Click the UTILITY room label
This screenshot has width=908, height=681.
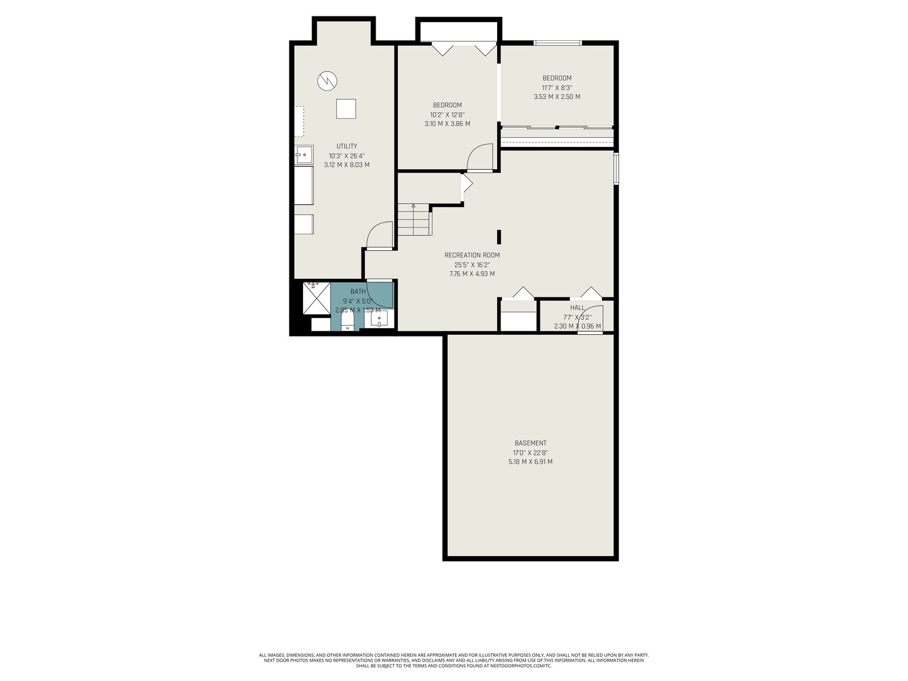click(x=346, y=146)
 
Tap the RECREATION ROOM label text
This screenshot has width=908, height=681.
click(x=472, y=255)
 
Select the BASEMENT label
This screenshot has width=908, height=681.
click(x=530, y=443)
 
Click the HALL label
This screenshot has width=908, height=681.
click(x=577, y=308)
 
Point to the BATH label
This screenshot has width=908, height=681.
click(x=358, y=292)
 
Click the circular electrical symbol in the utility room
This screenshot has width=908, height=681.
click(x=327, y=81)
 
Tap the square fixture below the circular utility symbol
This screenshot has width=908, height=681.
click(x=346, y=109)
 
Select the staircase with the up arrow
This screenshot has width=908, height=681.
click(x=414, y=219)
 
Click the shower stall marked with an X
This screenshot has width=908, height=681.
click(x=317, y=298)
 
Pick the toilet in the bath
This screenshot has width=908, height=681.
click(x=347, y=321)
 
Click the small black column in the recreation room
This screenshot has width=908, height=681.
click(x=499, y=237)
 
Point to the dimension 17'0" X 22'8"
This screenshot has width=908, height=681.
click(x=530, y=453)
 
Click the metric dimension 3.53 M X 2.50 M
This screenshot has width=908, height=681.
click(x=557, y=96)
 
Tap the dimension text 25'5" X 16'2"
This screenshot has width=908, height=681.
click(x=472, y=265)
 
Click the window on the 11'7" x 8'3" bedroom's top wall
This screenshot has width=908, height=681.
click(x=558, y=43)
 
